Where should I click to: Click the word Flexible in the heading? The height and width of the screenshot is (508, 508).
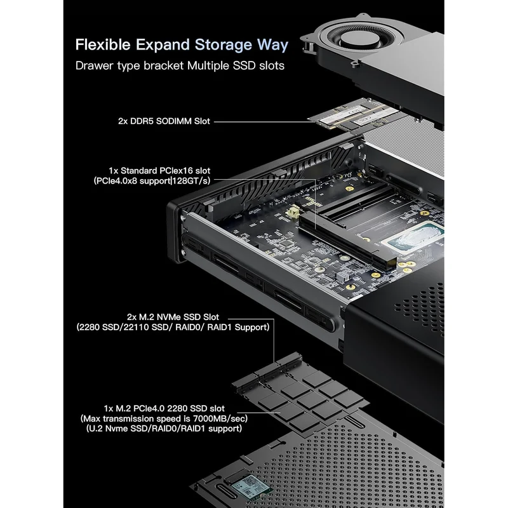coord(103,44)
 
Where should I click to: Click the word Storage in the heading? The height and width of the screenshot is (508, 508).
coord(223,45)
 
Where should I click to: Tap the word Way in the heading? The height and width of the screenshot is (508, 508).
coord(272,45)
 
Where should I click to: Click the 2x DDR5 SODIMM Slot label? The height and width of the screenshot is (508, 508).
coord(164,121)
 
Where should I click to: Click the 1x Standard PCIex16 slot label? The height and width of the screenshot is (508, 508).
coord(159,170)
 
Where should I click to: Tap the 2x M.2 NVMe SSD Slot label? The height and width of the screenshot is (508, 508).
coord(173,317)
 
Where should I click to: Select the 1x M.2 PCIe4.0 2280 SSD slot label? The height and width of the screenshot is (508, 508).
coord(164,408)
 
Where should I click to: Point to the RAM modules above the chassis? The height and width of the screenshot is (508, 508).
coord(353,116)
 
